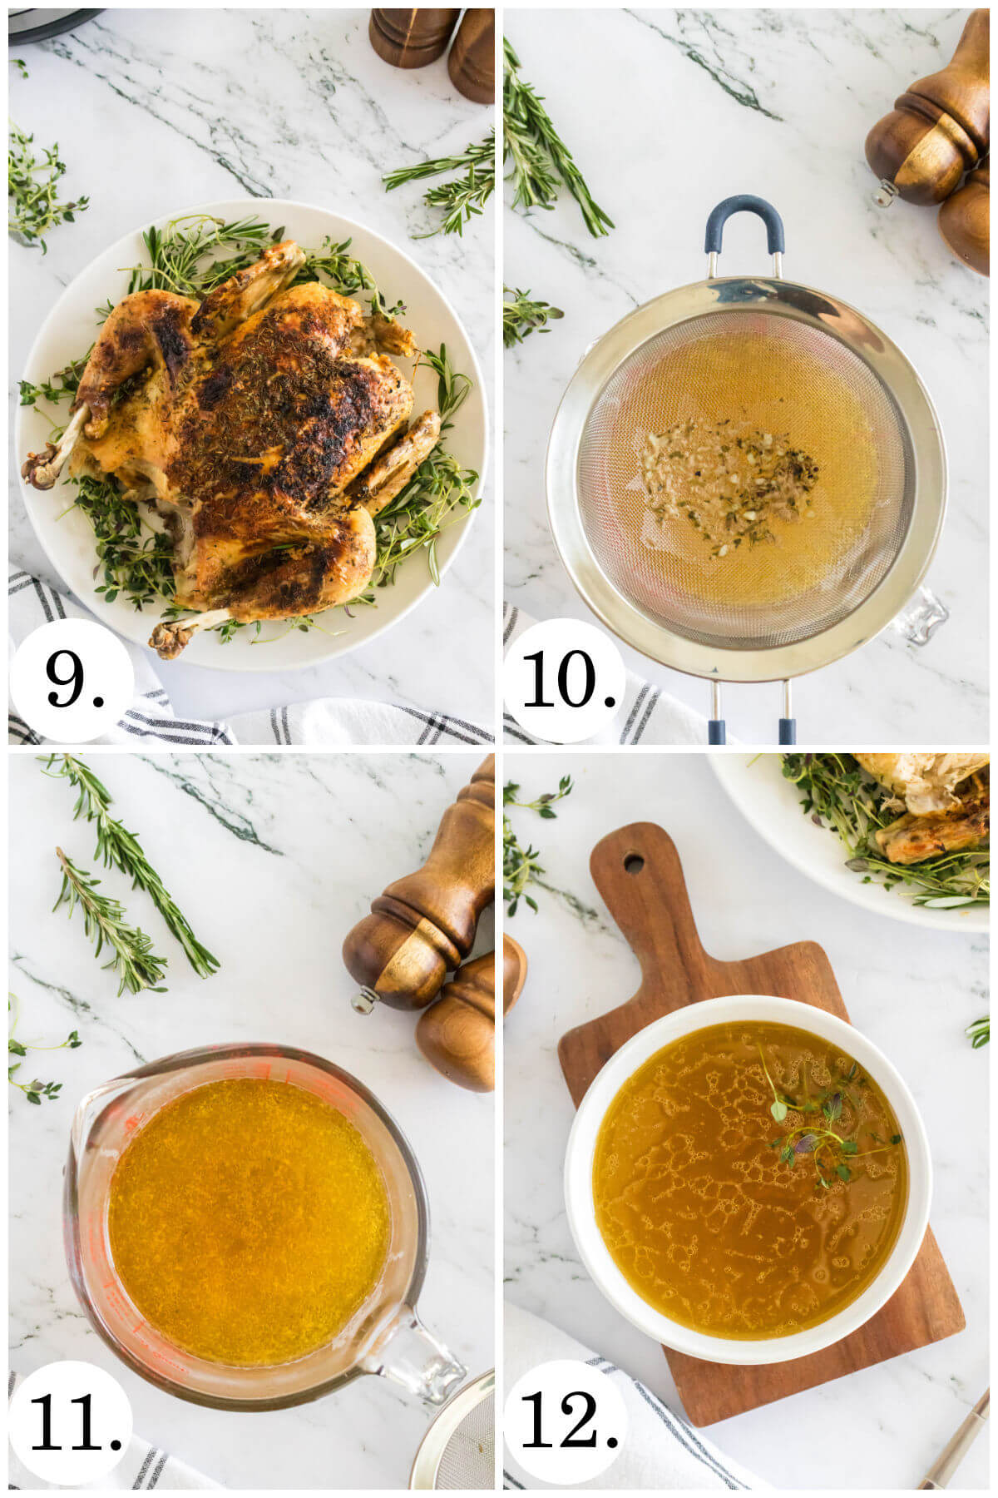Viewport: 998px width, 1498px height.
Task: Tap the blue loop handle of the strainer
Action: point(744,218)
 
